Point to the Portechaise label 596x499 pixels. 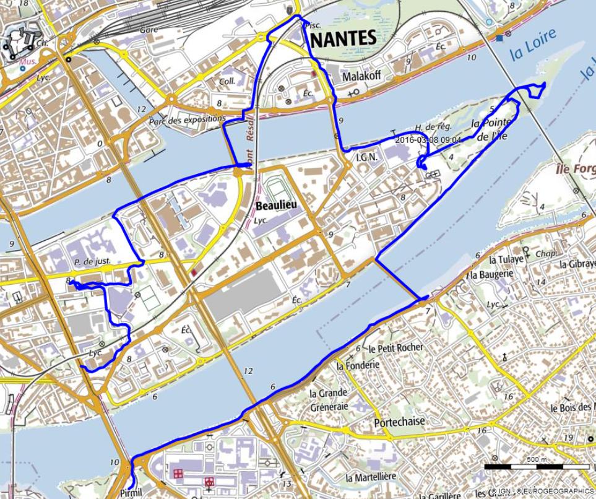399,422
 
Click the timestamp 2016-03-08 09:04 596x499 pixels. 428,140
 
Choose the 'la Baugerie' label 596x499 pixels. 493,274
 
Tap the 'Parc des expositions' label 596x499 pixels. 188,119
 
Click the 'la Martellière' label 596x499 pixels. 371,477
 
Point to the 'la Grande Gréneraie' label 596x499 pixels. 329,399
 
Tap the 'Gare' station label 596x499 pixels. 149,29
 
